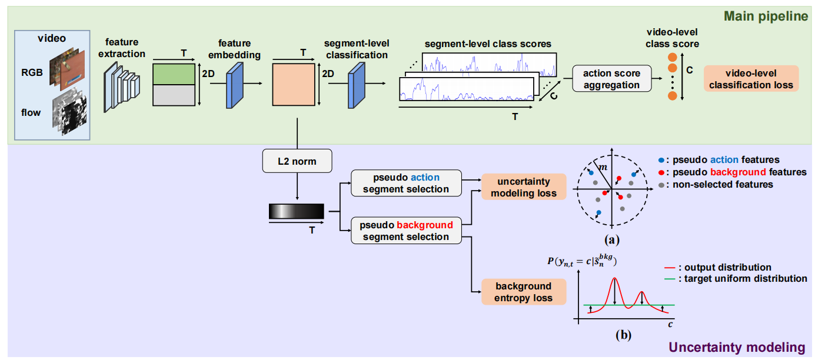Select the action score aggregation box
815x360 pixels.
click(611, 79)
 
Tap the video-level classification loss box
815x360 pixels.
click(751, 79)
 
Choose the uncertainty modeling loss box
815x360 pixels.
click(523, 186)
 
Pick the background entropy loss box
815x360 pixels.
click(524, 292)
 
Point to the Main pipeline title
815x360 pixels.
click(766, 16)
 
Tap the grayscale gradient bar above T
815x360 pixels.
click(296, 211)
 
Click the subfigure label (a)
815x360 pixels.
click(612, 239)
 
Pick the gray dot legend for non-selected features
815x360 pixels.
click(663, 185)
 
